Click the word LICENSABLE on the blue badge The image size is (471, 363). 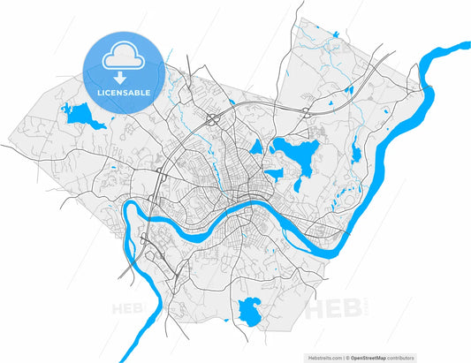click(124, 92)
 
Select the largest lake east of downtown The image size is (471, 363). click(294, 151)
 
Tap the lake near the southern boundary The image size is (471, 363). click(249, 310)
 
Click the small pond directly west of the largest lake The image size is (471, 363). click(256, 147)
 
